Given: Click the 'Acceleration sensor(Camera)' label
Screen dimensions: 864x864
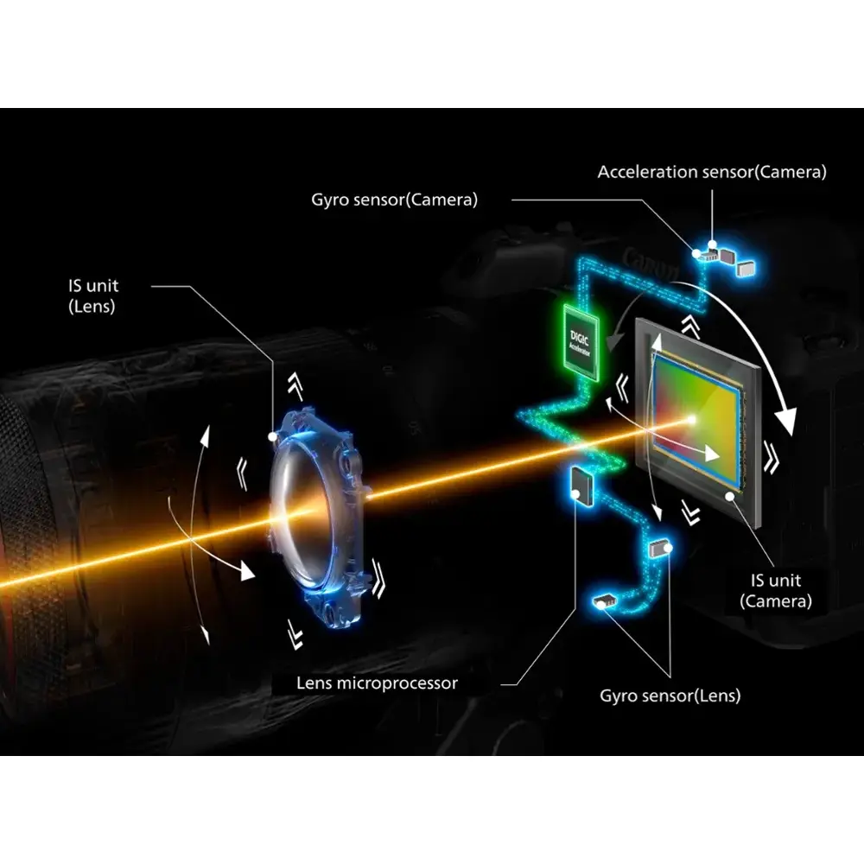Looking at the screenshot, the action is click(x=712, y=172).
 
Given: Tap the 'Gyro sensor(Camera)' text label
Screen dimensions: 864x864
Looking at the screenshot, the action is click(x=395, y=200).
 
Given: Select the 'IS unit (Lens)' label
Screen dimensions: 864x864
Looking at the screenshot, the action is click(x=93, y=295).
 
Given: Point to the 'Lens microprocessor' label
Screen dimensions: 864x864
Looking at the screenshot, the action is click(x=377, y=683).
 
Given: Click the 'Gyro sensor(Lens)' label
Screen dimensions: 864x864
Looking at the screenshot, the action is click(x=670, y=696).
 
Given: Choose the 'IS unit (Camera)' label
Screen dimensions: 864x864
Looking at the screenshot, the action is click(x=776, y=591).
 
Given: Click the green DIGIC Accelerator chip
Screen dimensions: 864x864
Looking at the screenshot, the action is click(x=581, y=341).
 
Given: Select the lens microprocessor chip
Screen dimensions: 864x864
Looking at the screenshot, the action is click(x=581, y=486).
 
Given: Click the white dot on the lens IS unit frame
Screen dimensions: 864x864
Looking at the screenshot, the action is click(x=272, y=437).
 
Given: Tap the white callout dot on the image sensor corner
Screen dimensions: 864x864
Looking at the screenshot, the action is click(x=730, y=497).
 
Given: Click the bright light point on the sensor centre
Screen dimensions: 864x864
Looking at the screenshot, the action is click(x=691, y=421).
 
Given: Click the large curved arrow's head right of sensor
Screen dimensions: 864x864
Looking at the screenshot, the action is click(x=785, y=421).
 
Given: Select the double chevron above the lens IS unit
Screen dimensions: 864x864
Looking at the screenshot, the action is click(x=295, y=384).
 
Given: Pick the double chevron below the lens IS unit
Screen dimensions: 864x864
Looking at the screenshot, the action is click(x=295, y=634).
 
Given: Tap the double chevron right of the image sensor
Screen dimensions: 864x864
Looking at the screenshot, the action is click(x=771, y=456).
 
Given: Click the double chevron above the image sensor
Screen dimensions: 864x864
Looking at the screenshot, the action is click(x=690, y=327).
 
